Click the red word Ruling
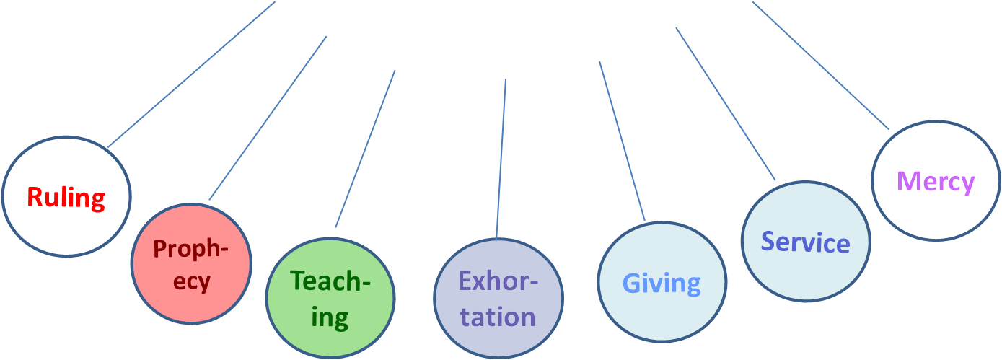pyautogui.click(x=66, y=197)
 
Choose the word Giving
pyautogui.click(x=662, y=283)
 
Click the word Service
pyautogui.click(x=805, y=242)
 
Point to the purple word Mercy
pyautogui.click(x=936, y=180)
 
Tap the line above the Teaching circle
pyautogui.click(x=365, y=149)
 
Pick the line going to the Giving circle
pyautogui.click(x=621, y=141)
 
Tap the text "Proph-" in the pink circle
pyautogui.click(x=190, y=249)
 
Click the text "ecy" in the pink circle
pyautogui.click(x=192, y=281)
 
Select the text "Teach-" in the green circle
pyautogui.click(x=330, y=281)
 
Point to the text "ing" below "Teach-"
pyautogui.click(x=330, y=317)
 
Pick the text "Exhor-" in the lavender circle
pyautogui.click(x=498, y=280)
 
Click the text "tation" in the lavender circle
pyautogui.click(x=498, y=316)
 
